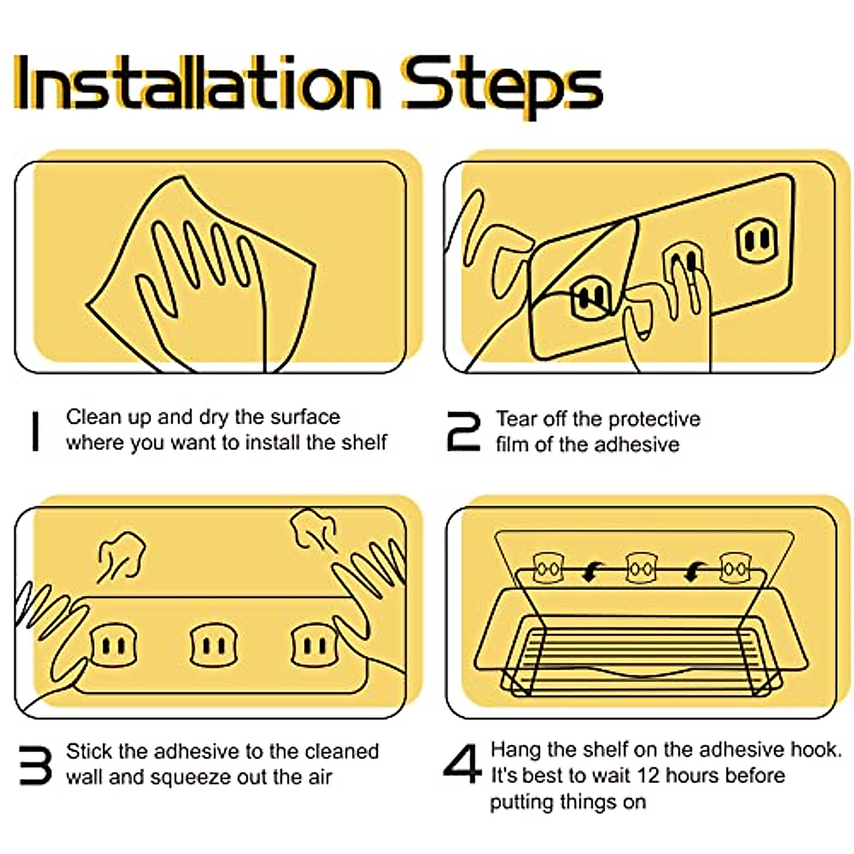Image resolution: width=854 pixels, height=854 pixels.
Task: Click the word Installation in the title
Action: pyautogui.click(x=196, y=83)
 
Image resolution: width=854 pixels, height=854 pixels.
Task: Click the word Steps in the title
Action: pyautogui.click(x=502, y=86)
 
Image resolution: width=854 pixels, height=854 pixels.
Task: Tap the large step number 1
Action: pyautogui.click(x=36, y=431)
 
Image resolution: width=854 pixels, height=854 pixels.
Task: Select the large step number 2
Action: pyautogui.click(x=463, y=431)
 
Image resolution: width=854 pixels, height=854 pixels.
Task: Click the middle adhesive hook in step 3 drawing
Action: pyautogui.click(x=213, y=645)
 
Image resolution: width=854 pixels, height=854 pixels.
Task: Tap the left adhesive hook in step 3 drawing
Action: pyautogui.click(x=113, y=645)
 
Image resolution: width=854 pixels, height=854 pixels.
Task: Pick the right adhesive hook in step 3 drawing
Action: pyautogui.click(x=315, y=645)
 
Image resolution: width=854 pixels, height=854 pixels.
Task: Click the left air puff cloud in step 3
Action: pyautogui.click(x=121, y=557)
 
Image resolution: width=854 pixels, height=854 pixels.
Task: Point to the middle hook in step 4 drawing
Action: pyautogui.click(x=640, y=568)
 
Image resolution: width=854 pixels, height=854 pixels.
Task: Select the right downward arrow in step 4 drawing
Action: pyautogui.click(x=695, y=571)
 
